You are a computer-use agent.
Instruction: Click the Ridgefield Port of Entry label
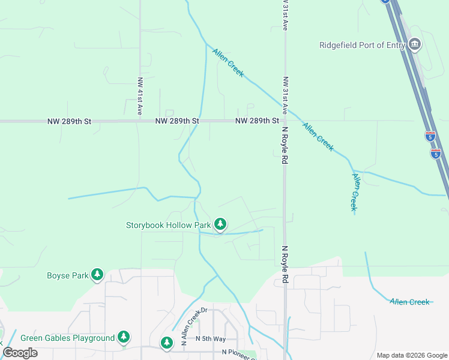[362, 45]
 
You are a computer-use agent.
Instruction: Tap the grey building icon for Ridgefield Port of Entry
[414, 44]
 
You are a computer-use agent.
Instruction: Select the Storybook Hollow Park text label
[168, 226]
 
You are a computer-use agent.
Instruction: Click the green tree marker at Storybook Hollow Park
[221, 224]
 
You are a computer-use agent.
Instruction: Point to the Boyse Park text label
[67, 276]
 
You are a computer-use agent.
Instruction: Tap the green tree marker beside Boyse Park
[97, 275]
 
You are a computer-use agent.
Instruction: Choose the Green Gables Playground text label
[67, 338]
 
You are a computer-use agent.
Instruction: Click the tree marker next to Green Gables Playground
[124, 337]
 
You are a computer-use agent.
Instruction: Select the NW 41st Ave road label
[140, 96]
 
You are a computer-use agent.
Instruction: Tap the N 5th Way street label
[210, 339]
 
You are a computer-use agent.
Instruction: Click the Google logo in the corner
[20, 353]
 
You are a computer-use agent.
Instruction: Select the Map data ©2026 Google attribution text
[412, 355]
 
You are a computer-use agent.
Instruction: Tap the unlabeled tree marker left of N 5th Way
[166, 343]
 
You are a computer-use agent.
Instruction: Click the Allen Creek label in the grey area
[409, 302]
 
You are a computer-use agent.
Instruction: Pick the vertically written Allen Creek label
[355, 192]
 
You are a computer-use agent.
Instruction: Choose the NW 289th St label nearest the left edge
[70, 121]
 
